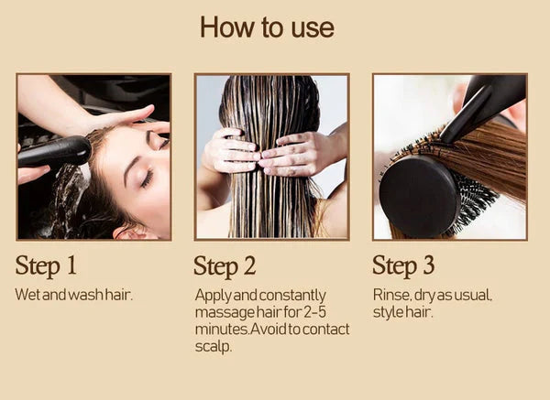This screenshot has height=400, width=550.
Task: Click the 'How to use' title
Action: pyautogui.click(x=267, y=27)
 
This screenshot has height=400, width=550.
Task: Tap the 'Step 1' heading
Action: pyautogui.click(x=46, y=266)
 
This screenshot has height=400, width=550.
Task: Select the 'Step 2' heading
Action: pyautogui.click(x=225, y=266)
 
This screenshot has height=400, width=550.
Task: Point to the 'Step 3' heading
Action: pyautogui.click(x=403, y=266)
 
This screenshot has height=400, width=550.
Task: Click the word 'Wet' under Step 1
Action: pyautogui.click(x=27, y=295)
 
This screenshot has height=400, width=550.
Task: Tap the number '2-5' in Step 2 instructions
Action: pyautogui.click(x=314, y=312)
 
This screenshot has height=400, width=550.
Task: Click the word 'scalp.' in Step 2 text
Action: pyautogui.click(x=214, y=347)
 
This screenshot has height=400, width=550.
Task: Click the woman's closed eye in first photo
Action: pyautogui.click(x=148, y=178)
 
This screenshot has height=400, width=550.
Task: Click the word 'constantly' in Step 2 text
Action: pyautogui.click(x=292, y=296)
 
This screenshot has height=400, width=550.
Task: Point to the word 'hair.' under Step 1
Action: pyautogui.click(x=119, y=295)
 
